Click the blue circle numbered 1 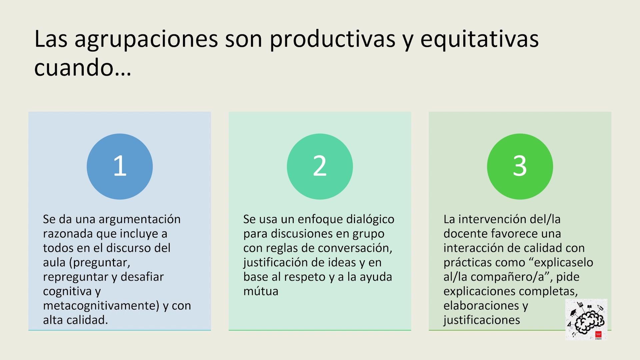point(120,166)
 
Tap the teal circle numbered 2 point(320,166)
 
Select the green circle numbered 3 point(520,166)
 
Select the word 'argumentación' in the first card point(140,220)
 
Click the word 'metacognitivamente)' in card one point(101,306)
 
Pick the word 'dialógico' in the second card point(370,220)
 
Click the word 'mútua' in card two point(261,291)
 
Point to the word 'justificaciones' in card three point(482,320)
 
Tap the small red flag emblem point(598,334)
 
